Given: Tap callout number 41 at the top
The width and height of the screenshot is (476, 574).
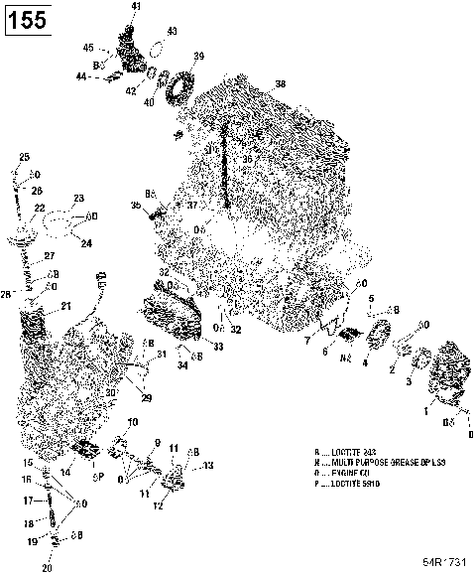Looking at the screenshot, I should (136, 7).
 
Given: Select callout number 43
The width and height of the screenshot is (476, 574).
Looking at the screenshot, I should (171, 32).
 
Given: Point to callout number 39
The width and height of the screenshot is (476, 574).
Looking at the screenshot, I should (199, 56).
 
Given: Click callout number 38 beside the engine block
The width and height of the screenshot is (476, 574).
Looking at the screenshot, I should (280, 84).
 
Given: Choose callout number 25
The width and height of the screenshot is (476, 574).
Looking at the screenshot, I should (25, 156).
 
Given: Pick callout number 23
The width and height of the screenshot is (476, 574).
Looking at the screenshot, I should (79, 198).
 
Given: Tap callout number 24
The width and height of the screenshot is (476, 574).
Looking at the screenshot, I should (85, 242).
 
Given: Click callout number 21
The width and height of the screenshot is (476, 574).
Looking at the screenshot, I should (66, 305).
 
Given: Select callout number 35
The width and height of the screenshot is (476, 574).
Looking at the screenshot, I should (136, 206).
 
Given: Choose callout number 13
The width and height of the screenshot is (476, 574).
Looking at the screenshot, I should (208, 465).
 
